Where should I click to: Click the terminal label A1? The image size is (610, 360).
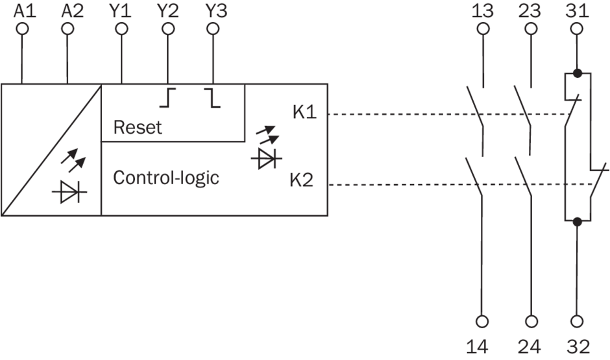(23, 11)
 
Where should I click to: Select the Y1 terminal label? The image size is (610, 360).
(121, 11)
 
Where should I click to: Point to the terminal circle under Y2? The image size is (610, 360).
(168, 29)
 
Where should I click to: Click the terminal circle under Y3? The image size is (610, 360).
(212, 29)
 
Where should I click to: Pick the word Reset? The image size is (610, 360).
(138, 127)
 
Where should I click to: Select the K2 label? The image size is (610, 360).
(302, 180)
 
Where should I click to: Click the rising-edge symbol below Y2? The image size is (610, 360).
(168, 98)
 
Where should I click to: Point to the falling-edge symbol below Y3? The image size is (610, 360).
(212, 98)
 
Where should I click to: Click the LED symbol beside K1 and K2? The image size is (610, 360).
(265, 149)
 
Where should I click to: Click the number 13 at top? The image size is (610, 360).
(482, 11)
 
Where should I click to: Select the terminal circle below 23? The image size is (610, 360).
(531, 29)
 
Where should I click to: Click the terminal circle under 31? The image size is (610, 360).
(576, 29)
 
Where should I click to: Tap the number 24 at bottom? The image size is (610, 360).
(531, 347)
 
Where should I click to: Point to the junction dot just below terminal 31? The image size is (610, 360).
(576, 73)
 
